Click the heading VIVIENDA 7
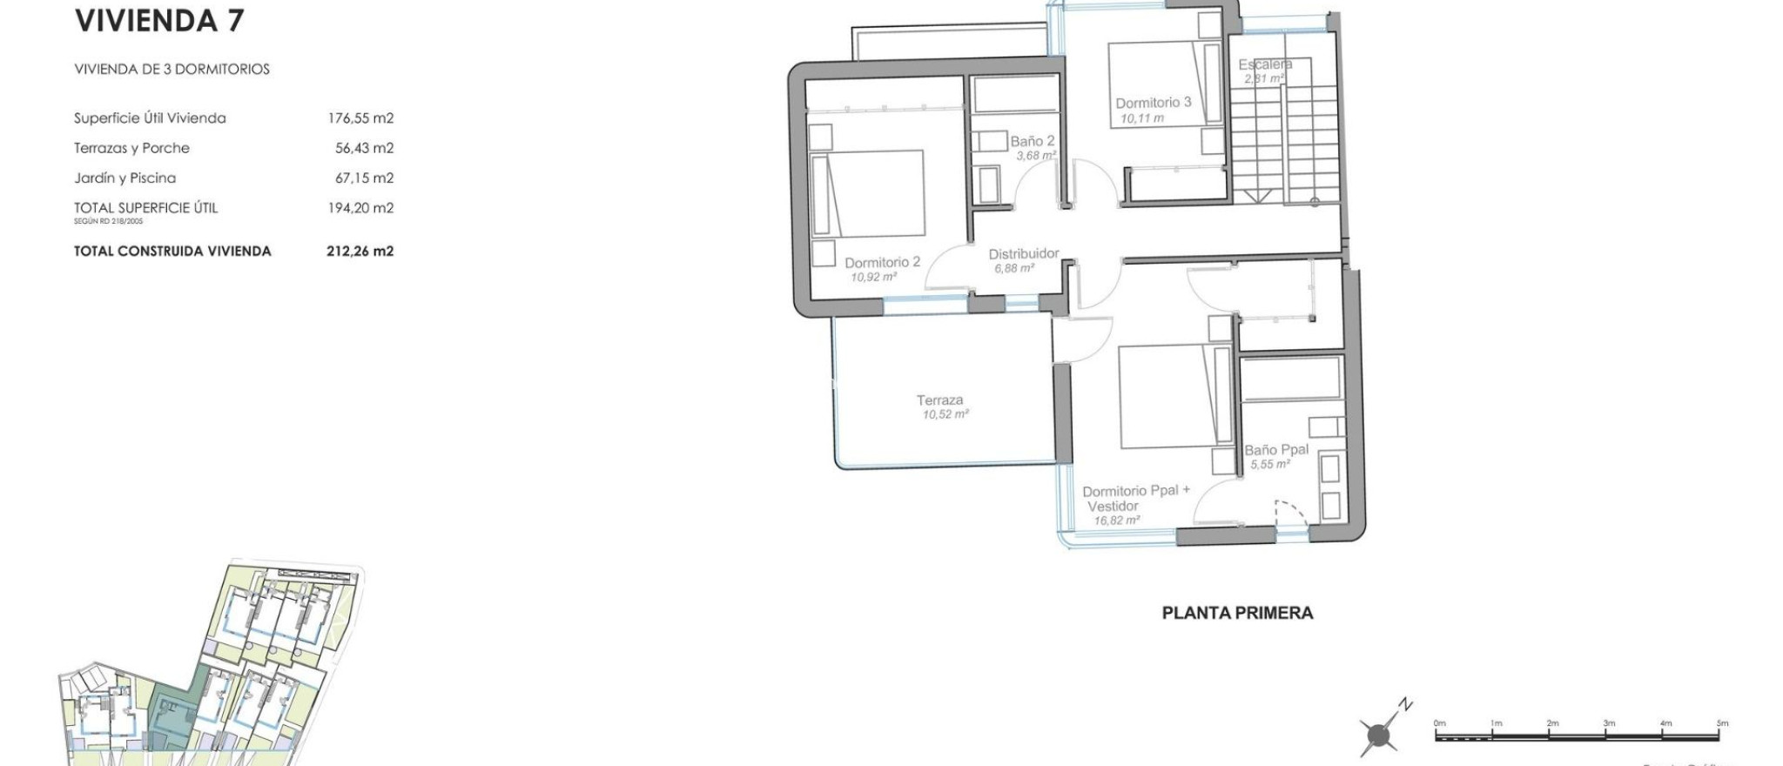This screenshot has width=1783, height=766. click(x=159, y=21)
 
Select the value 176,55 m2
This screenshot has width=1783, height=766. click(x=360, y=118)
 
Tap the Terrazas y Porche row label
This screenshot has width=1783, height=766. click(x=131, y=148)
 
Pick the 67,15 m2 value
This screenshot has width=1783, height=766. click(x=364, y=178)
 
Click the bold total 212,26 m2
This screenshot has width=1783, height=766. click(x=360, y=252)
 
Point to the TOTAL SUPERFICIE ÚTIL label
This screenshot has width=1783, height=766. click(x=145, y=208)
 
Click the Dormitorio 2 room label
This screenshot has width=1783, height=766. click(x=882, y=262)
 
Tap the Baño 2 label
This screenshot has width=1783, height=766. click(x=1033, y=141)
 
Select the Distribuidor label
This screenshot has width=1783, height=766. click(x=1024, y=254)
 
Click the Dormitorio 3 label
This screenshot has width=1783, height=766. click(x=1154, y=103)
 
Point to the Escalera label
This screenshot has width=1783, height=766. click(x=1265, y=64)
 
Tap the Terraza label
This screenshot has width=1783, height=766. click(x=939, y=400)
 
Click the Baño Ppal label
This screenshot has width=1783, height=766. click(x=1276, y=450)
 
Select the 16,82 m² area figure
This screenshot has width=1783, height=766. click(x=1116, y=521)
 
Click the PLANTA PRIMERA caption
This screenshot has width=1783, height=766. click(x=1237, y=613)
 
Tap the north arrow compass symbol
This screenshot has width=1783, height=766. click(x=1380, y=735)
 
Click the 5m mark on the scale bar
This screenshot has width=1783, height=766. click(x=1721, y=723)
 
